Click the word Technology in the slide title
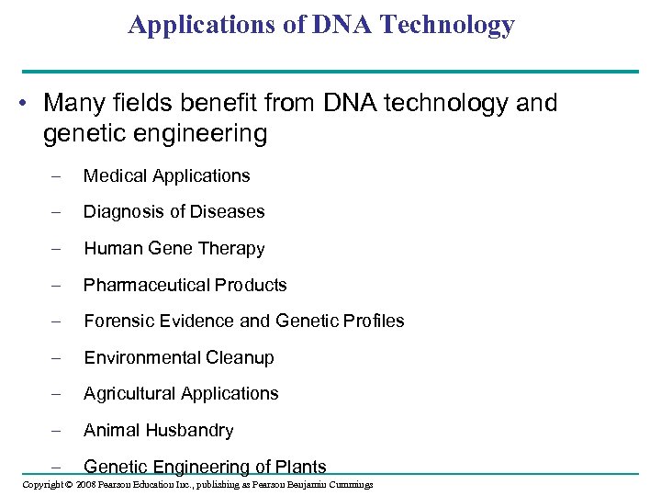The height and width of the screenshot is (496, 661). tap(454, 25)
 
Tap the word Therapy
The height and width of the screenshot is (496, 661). tap(232, 248)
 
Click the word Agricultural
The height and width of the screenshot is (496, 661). tap(129, 393)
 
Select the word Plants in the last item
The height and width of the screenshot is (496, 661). tap(299, 467)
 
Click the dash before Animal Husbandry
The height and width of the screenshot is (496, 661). tap(56, 430)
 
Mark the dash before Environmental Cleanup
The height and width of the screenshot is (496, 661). tap(56, 357)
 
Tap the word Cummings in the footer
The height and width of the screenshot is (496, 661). tap(349, 484)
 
